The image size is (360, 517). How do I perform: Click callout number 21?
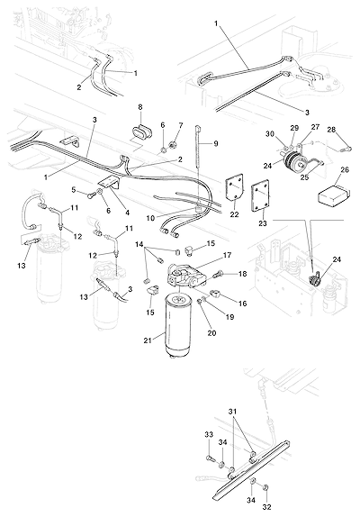coord(148,340)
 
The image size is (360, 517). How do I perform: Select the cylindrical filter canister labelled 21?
coord(178,324)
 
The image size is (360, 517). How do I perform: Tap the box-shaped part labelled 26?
coord(333,194)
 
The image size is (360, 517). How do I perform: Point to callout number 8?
coord(140,107)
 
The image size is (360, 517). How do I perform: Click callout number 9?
coord(216,144)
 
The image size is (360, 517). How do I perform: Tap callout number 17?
coord(227,255)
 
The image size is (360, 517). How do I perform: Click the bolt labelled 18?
coord(218,275)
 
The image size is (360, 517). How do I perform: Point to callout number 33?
coord(209,434)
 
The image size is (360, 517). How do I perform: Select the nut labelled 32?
coord(266,487)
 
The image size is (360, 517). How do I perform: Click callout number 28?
coord(331,130)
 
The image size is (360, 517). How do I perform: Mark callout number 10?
coord(151,218)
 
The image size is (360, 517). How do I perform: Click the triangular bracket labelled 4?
coord(110,182)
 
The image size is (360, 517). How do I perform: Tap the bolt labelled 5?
coord(90,196)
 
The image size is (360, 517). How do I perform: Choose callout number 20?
coord(211,333)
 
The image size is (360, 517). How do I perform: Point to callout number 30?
coord(270,134)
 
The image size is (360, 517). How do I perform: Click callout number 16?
coord(242,304)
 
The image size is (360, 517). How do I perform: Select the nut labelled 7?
coord(172,144)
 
